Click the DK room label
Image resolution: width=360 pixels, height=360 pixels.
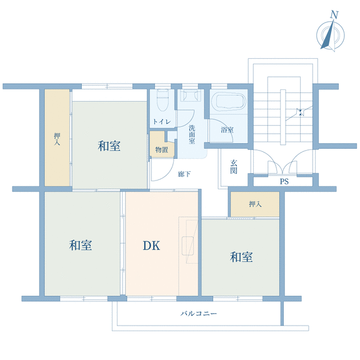(x=151, y=246)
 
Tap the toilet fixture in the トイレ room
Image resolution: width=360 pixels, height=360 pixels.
(x=162, y=99)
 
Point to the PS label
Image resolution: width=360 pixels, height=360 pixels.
(x=284, y=182)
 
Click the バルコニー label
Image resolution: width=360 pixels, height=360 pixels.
(x=199, y=313)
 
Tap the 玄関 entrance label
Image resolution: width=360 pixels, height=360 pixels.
(x=234, y=167)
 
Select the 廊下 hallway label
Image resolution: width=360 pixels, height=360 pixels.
(x=184, y=174)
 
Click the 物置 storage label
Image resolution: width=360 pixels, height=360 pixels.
(x=162, y=150)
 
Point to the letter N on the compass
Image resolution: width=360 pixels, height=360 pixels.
(x=334, y=15)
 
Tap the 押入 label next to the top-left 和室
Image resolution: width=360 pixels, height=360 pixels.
(x=57, y=139)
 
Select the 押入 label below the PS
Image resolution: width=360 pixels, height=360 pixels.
(x=255, y=204)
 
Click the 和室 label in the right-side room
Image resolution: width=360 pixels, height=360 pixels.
(x=241, y=257)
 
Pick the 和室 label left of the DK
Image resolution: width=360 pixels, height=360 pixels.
(x=81, y=245)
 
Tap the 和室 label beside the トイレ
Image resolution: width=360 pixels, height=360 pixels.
(x=109, y=146)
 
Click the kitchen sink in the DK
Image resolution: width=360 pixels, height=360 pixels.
(x=187, y=246)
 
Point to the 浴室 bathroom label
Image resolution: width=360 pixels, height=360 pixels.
(x=227, y=130)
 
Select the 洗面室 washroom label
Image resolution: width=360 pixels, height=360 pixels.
(x=192, y=134)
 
